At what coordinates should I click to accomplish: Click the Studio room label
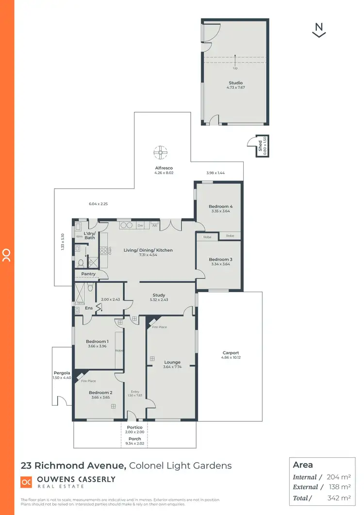235,83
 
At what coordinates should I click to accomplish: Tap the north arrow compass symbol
319,30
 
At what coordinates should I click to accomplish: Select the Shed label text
260,144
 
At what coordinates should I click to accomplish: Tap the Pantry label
88,274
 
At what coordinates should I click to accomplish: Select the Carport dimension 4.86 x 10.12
231,358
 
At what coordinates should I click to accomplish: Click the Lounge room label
172,362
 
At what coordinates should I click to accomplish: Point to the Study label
159,295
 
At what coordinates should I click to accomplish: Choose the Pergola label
62,373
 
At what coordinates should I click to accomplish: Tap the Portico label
134,427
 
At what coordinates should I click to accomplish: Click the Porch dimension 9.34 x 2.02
134,443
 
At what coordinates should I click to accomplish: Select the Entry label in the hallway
135,391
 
